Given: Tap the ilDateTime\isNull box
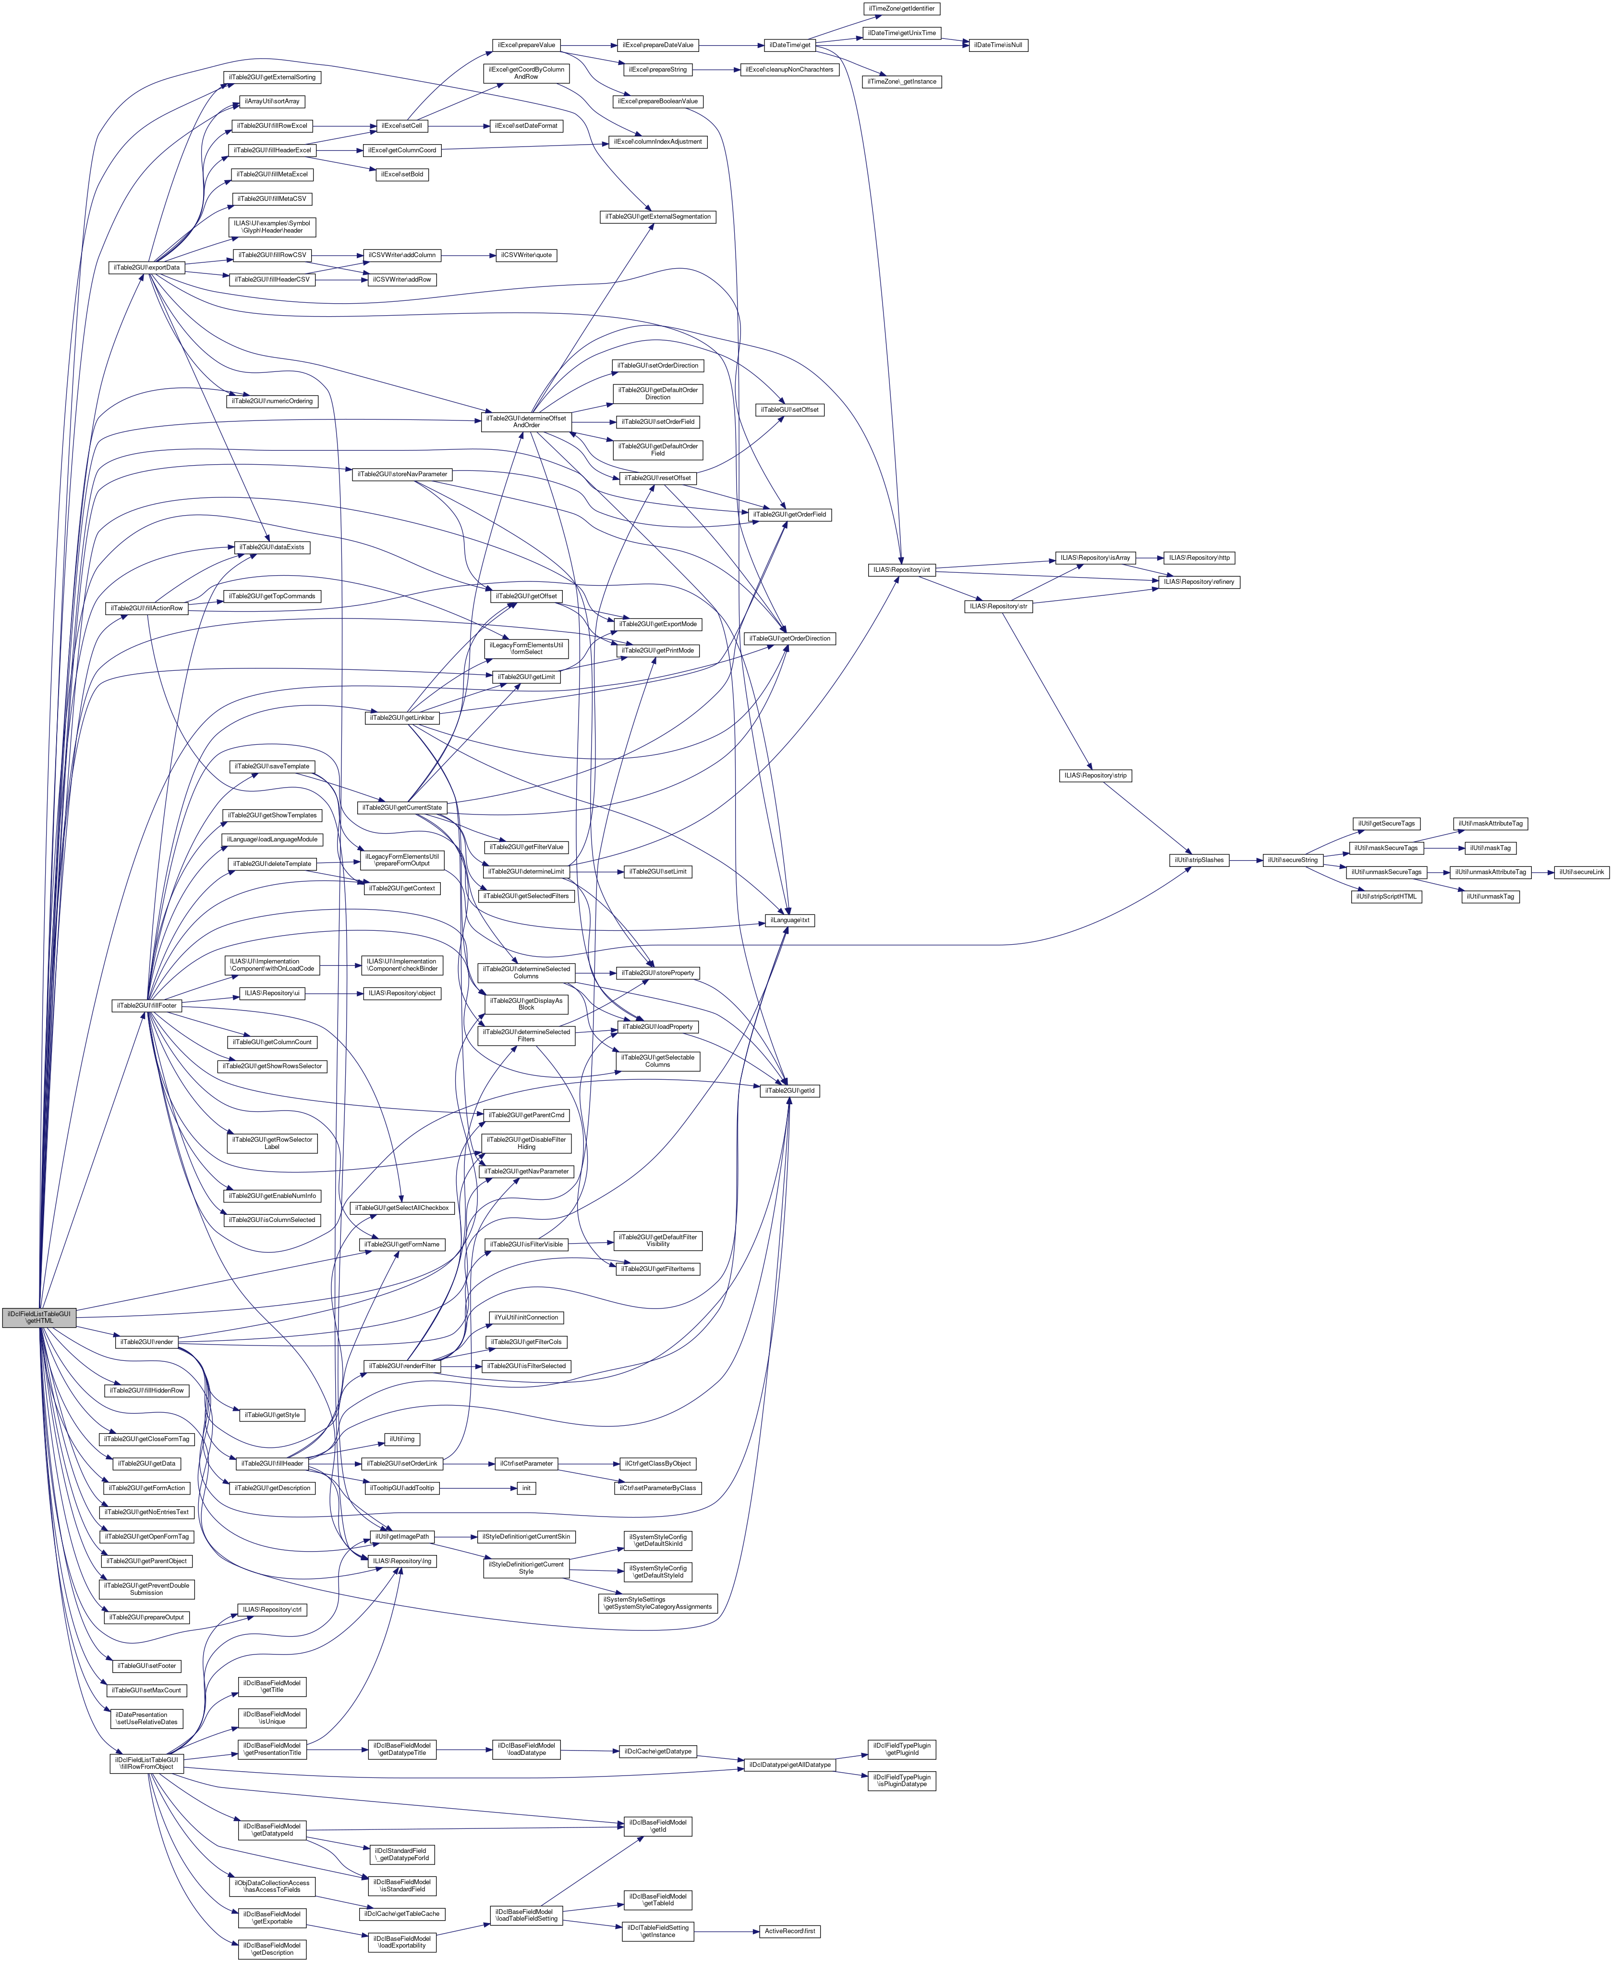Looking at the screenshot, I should point(998,46).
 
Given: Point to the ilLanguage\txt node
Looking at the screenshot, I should point(789,920).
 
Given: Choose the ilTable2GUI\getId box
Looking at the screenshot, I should point(789,1091).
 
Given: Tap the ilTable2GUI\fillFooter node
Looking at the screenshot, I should point(146,1006).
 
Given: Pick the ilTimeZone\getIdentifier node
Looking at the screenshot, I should point(902,8).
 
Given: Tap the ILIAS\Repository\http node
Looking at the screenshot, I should point(1199,557).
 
